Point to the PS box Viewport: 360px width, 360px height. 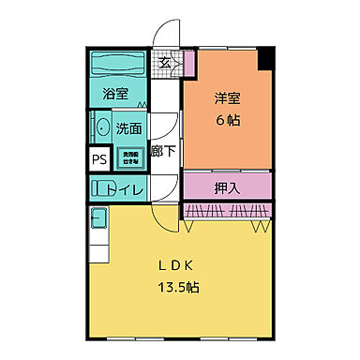coord(98,158)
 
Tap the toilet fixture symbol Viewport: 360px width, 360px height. coord(99,187)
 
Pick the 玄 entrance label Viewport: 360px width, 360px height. coord(165,64)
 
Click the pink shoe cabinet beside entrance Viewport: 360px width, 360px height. coord(188,64)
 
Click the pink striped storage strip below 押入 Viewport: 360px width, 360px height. coord(228,209)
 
